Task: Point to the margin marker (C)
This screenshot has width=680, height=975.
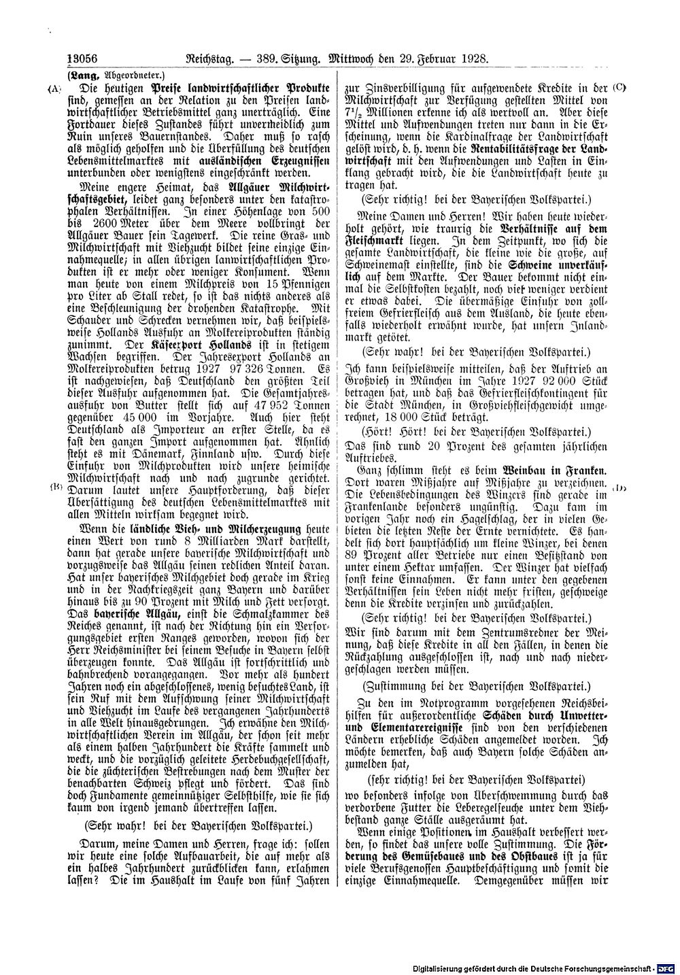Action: (x=618, y=87)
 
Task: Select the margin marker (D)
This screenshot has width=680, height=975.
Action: (x=618, y=487)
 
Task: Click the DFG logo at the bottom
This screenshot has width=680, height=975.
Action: (x=666, y=966)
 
